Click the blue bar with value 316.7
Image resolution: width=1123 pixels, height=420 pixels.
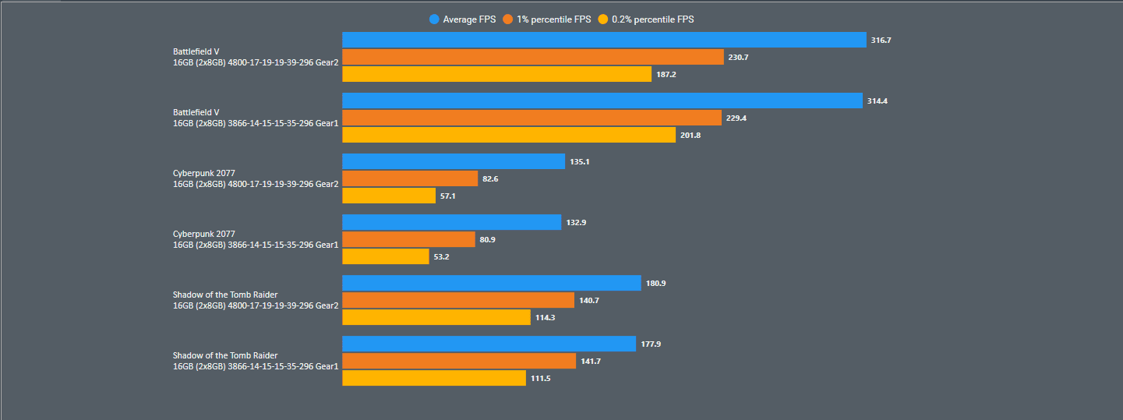click(x=604, y=40)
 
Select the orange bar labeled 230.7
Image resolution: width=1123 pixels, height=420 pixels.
click(x=533, y=57)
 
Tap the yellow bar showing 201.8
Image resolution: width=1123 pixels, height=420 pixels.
click(x=509, y=135)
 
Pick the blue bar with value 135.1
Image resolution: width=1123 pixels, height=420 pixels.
click(x=454, y=161)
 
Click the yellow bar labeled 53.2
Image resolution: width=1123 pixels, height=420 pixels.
click(x=386, y=256)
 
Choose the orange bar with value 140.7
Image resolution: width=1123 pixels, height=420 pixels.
click(x=458, y=300)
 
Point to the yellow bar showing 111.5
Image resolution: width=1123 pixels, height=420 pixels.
click(x=434, y=378)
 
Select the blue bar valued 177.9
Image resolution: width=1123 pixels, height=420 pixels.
click(x=489, y=344)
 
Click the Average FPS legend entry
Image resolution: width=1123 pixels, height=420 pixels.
click(x=463, y=19)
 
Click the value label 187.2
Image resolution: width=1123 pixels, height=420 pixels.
click(x=666, y=75)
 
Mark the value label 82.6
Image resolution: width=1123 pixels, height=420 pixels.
click(x=490, y=179)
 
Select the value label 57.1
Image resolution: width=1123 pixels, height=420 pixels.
click(x=448, y=196)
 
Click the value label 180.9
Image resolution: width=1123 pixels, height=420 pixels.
click(x=655, y=284)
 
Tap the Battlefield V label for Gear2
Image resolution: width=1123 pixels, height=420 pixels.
click(x=256, y=57)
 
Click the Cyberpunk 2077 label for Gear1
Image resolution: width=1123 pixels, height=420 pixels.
click(x=256, y=239)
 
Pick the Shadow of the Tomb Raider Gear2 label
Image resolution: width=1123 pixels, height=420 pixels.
click(x=256, y=300)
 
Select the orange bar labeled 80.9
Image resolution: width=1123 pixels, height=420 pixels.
click(x=408, y=239)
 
